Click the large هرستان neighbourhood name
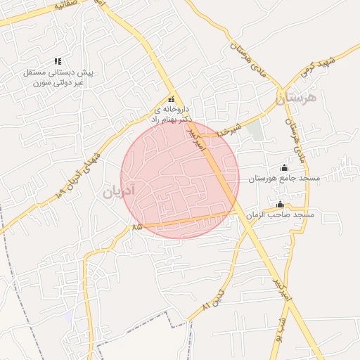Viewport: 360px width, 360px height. pyautogui.click(x=297, y=98)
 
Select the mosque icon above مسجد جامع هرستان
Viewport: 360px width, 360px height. pyautogui.click(x=284, y=167)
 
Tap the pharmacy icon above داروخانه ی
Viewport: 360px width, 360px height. pyautogui.click(x=170, y=100)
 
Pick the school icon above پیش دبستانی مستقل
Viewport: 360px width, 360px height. pyautogui.click(x=58, y=62)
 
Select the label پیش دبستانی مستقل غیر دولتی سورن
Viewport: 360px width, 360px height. pyautogui.click(x=58, y=77)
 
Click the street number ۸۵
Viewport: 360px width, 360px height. pyautogui.click(x=136, y=226)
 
